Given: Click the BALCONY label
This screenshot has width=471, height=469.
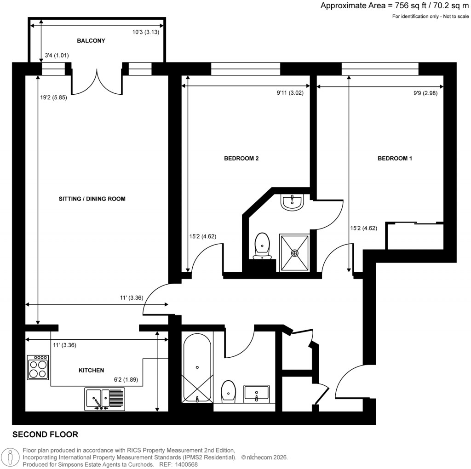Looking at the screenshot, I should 91,40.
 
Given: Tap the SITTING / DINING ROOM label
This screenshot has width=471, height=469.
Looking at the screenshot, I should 92,199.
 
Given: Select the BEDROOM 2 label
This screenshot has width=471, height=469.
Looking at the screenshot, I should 241,159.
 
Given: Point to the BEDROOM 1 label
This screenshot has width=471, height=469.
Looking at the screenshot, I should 395,159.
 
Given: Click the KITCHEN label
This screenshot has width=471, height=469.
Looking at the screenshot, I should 91,370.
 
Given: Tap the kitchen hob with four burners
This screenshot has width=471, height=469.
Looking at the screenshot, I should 38,367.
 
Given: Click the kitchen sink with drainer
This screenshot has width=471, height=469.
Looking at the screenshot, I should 104,398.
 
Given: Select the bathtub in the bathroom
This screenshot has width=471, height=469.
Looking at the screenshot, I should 197,368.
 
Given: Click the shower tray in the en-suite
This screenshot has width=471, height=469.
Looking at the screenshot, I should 294,252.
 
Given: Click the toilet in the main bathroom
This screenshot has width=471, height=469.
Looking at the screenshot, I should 229,391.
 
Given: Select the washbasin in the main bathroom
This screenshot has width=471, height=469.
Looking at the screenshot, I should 257,393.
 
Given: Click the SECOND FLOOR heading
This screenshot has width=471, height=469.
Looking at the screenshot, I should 45,435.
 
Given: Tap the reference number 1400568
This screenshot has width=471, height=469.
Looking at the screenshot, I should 188,464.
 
